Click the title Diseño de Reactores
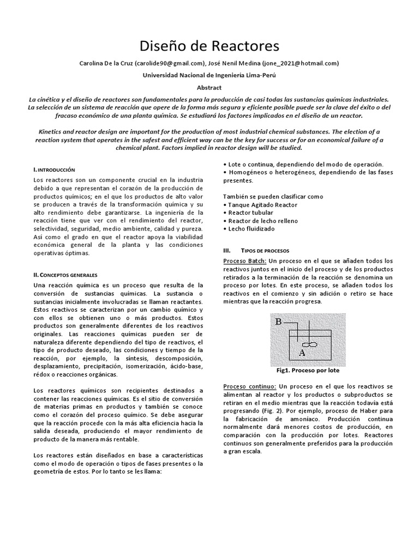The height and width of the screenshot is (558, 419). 209,44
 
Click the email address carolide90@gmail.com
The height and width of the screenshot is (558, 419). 168,63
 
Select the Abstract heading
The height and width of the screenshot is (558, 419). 209,87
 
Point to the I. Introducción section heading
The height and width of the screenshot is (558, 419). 54,170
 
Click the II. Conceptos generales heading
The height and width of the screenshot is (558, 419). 65,275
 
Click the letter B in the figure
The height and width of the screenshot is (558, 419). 278,322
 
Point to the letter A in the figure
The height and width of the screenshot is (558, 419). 302,353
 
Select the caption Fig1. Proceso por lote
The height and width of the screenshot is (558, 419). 308,369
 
